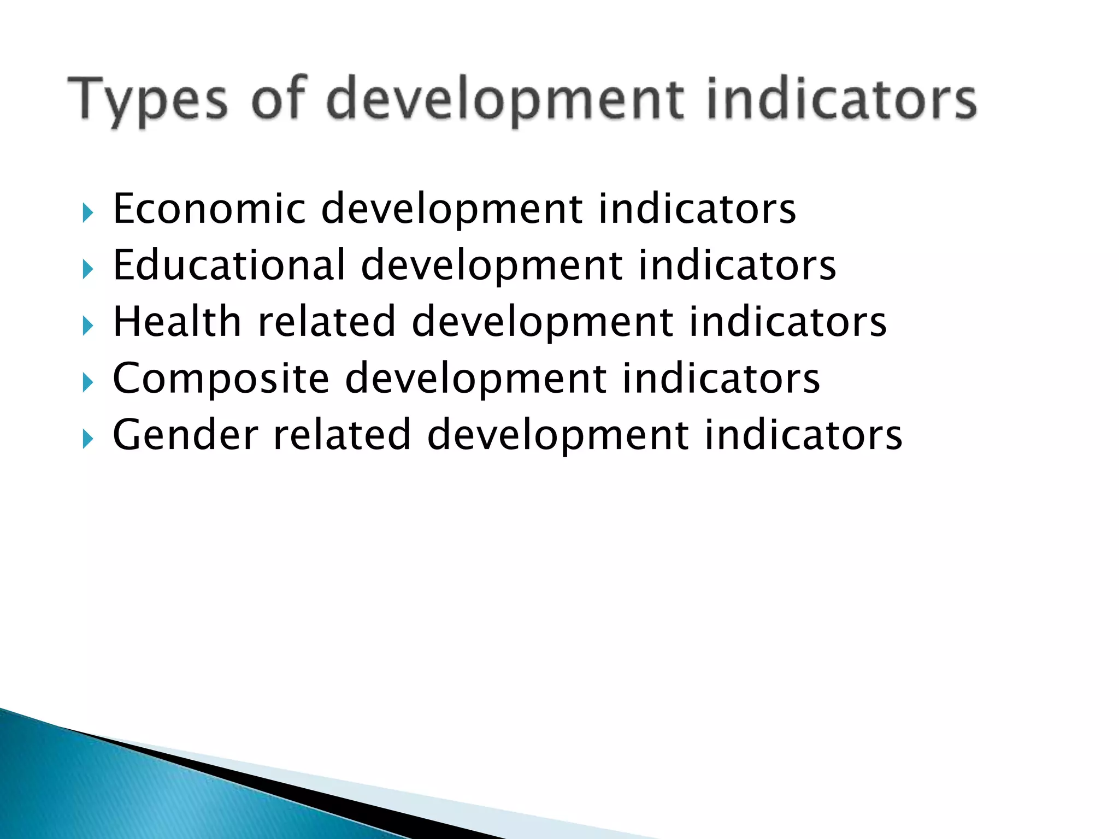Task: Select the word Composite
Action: tap(221, 378)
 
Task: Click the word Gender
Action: tap(185, 435)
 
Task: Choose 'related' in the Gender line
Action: tap(341, 435)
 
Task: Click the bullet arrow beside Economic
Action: tap(88, 212)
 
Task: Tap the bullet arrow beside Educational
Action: tap(88, 269)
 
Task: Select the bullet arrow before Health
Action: tap(88, 326)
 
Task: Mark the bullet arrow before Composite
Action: tap(88, 382)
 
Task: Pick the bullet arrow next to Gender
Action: tap(88, 439)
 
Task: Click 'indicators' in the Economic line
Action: tap(697, 209)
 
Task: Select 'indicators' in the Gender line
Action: tap(803, 435)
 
